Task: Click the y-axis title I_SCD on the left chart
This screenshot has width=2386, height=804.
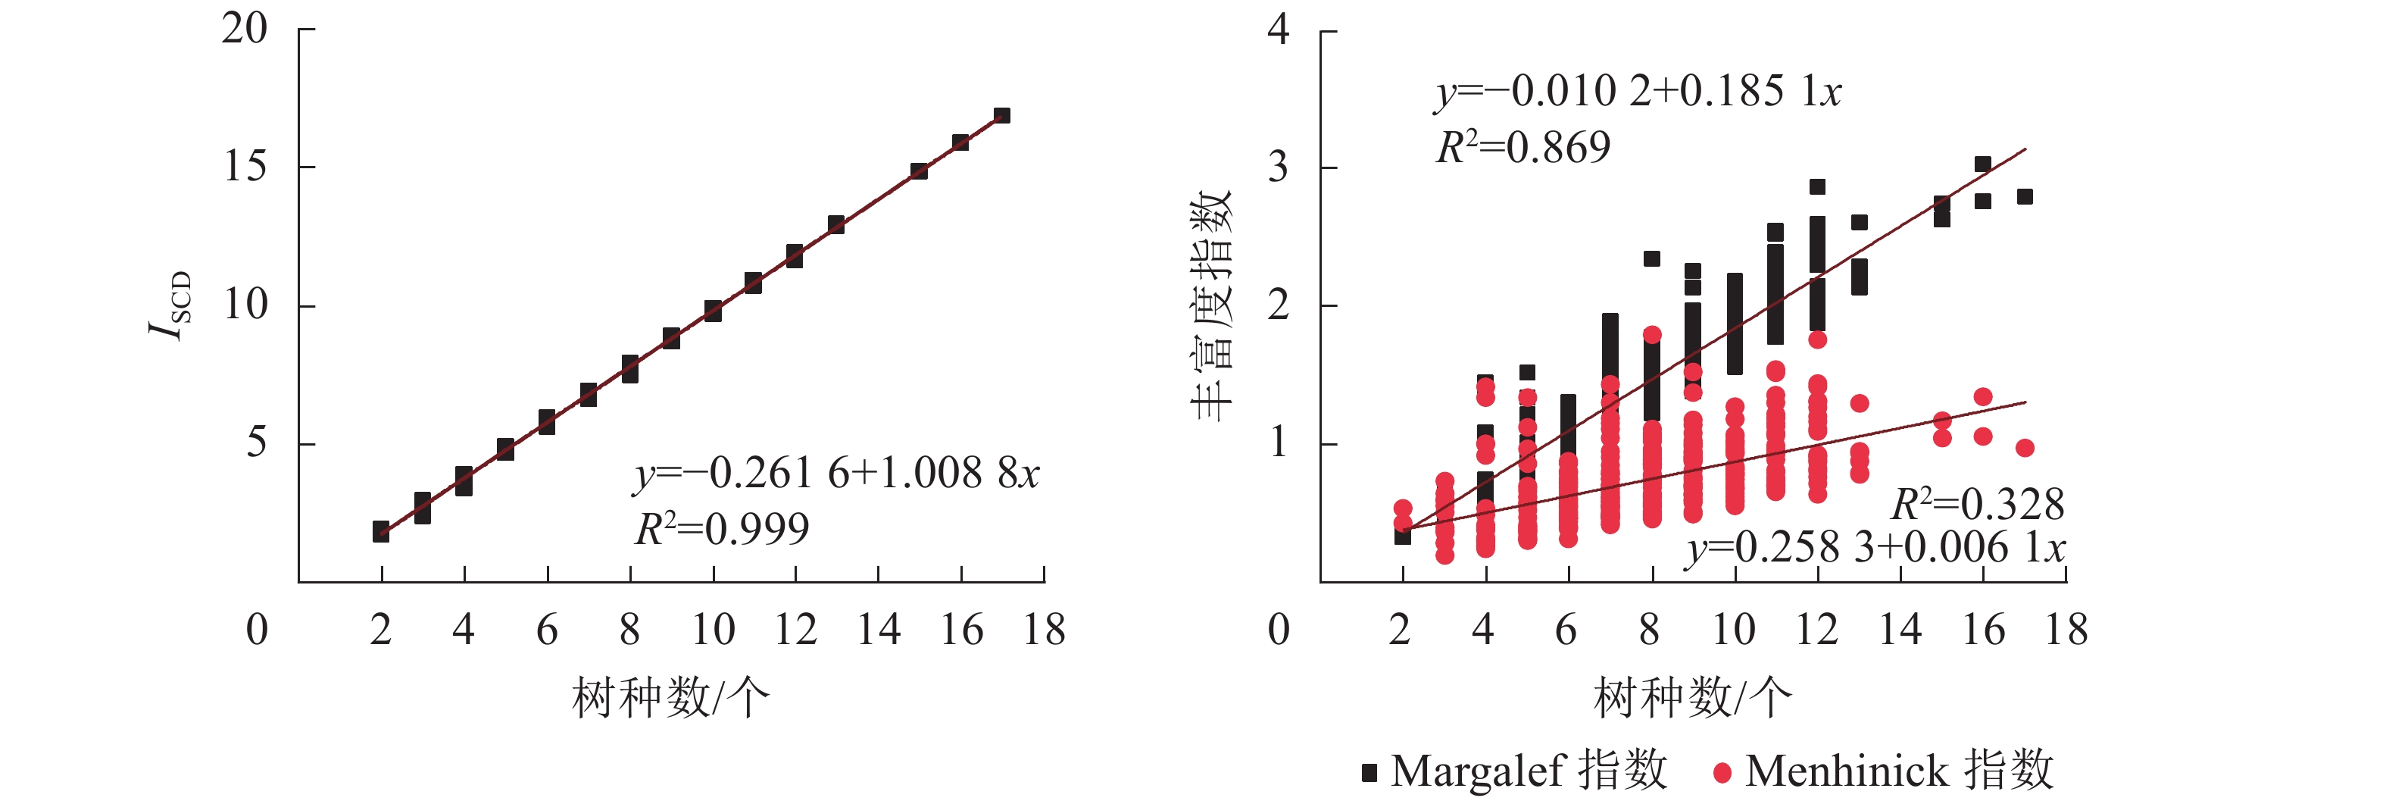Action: (x=170, y=305)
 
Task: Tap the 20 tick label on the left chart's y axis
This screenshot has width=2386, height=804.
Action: (x=245, y=29)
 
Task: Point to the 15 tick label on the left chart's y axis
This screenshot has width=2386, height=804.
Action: (x=245, y=167)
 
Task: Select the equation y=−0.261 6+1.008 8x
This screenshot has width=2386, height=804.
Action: (x=837, y=474)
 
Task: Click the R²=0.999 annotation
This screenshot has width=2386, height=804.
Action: (x=722, y=529)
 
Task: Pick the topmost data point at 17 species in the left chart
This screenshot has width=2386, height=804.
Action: (x=1001, y=116)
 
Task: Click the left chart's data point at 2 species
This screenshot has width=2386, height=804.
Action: (x=381, y=530)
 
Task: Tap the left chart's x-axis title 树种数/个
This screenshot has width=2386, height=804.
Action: (x=670, y=696)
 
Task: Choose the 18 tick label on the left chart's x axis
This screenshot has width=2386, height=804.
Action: (x=1044, y=630)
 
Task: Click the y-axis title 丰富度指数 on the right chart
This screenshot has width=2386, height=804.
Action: (x=1211, y=305)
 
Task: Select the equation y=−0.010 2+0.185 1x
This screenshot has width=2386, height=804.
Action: (x=1638, y=92)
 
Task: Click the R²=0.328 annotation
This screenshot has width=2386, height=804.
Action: (x=1977, y=505)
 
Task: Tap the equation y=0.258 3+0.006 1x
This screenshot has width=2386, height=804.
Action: (x=1875, y=547)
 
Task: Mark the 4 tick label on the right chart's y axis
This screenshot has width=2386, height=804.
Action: (x=1279, y=30)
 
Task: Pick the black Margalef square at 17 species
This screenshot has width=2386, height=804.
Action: (x=2025, y=196)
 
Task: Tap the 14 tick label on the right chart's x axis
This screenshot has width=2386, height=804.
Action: (x=1900, y=630)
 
